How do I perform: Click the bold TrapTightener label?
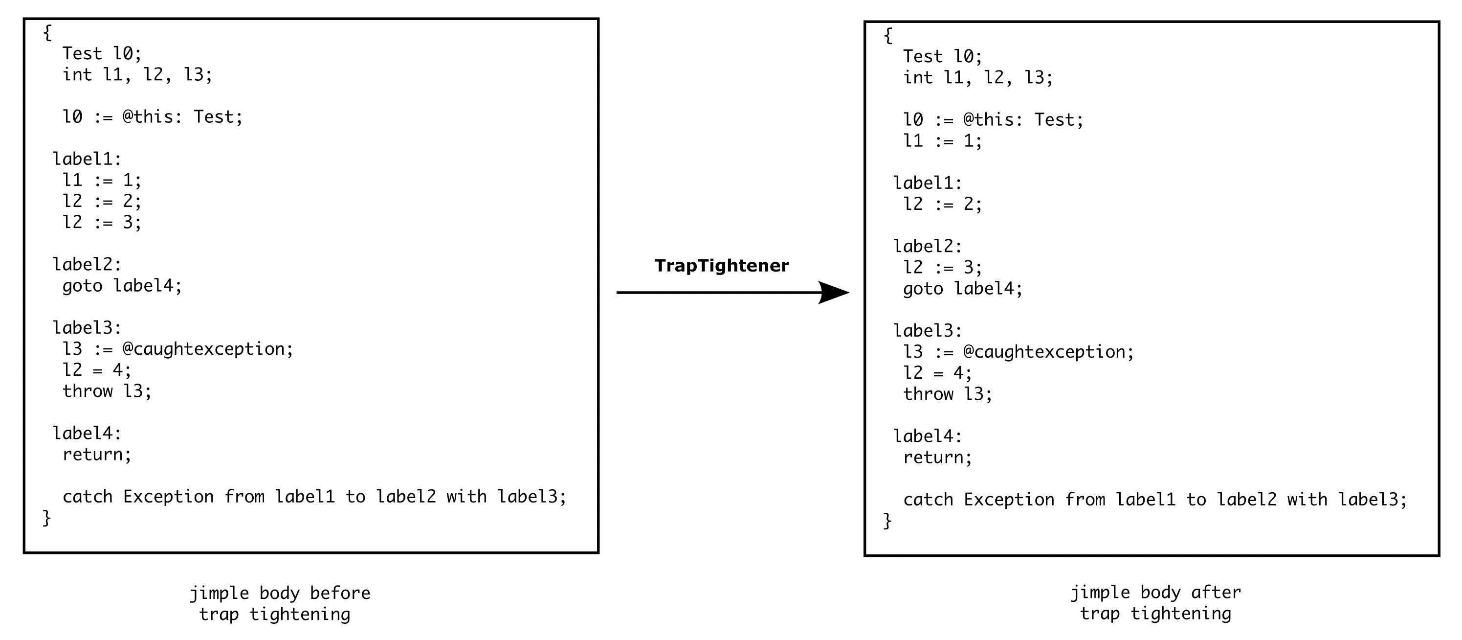pos(721,266)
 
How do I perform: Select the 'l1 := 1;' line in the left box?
pos(102,181)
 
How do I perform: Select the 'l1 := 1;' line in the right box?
pos(942,141)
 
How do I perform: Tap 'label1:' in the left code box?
pos(87,159)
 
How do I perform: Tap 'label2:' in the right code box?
pos(928,247)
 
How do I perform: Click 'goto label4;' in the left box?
pos(122,286)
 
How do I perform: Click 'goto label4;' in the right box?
pos(963,289)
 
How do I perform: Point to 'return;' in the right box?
pos(937,457)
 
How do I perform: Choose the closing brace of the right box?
pos(887,521)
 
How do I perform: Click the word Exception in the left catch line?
pos(168,497)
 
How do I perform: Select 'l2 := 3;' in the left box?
pos(102,223)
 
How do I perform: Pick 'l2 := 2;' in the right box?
pos(942,205)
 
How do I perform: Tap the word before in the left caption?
pos(339,594)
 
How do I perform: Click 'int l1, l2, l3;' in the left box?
pos(137,75)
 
